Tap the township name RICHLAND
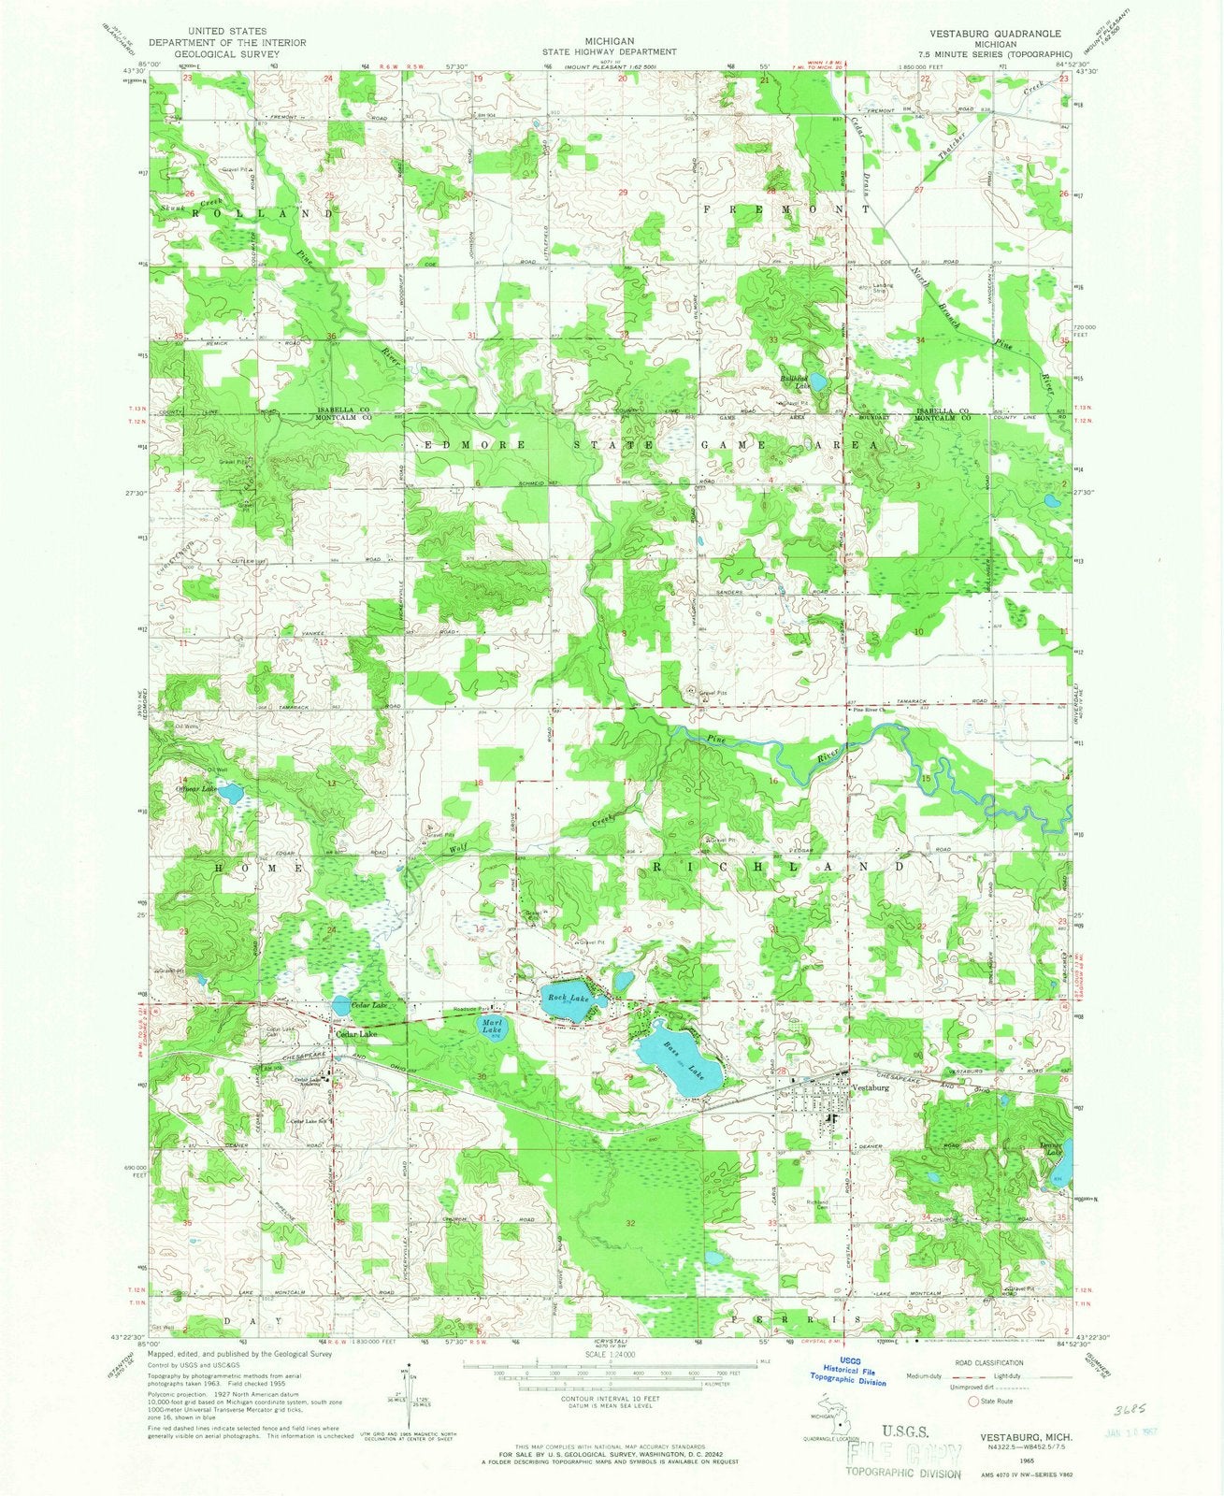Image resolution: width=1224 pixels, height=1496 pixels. click(x=777, y=867)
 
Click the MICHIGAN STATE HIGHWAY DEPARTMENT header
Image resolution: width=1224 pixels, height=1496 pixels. click(x=610, y=47)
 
